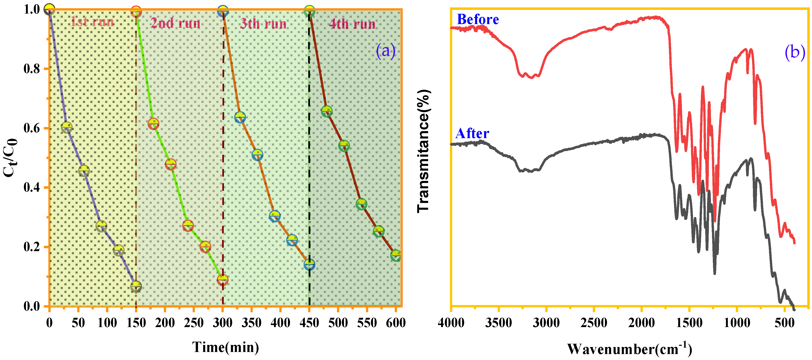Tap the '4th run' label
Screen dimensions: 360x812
pyautogui.click(x=352, y=24)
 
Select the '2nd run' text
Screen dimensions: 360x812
pyautogui.click(x=175, y=23)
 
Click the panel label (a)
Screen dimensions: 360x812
pyautogui.click(x=385, y=50)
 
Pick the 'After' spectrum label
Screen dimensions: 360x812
pyautogui.click(x=472, y=133)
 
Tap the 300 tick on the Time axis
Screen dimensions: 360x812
pyautogui.click(x=223, y=323)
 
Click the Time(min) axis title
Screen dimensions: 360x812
pyautogui.click(x=226, y=347)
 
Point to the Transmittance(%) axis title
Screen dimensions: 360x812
pyautogui.click(x=423, y=151)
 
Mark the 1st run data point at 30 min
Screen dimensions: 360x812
pyautogui.click(x=66, y=127)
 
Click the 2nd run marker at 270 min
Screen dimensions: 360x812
pyautogui.click(x=205, y=247)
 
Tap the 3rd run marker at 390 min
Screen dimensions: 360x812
pyautogui.click(x=275, y=216)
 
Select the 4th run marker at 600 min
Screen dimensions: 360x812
pyautogui.click(x=396, y=255)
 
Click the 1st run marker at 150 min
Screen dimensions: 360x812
pyautogui.click(x=136, y=287)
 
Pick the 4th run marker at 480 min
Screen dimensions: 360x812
pyautogui.click(x=327, y=111)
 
